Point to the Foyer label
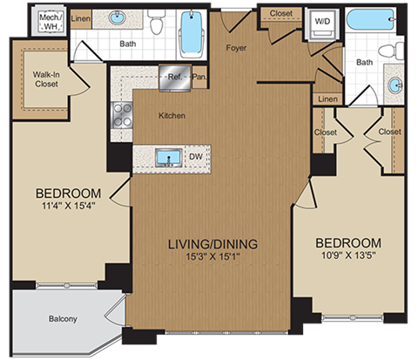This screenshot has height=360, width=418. (x=236, y=49)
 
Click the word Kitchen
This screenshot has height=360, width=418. (x=171, y=114)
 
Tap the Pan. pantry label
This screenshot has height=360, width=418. (x=199, y=75)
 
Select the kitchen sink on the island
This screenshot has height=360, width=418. (x=168, y=157)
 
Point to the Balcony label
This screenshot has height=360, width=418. (x=62, y=319)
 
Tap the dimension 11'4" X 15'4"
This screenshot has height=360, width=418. (x=68, y=207)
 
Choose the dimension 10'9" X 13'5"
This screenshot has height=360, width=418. (x=347, y=256)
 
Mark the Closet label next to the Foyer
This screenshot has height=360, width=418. (x=280, y=13)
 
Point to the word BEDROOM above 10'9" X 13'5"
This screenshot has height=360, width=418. (x=347, y=241)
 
